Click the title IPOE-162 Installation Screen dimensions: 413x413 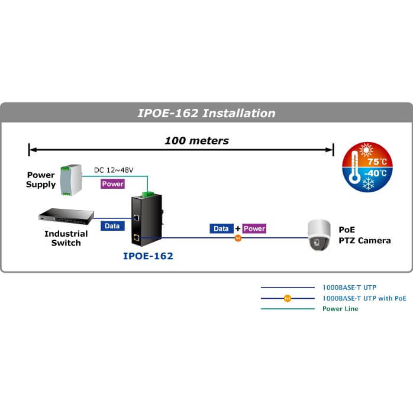coord(206,113)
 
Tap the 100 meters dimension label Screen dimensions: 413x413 coord(196,141)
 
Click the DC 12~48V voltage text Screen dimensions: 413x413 coord(114,170)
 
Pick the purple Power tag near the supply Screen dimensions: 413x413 coord(112,184)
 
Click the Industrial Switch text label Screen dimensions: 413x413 coord(66,238)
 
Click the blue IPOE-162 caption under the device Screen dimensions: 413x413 coord(148,257)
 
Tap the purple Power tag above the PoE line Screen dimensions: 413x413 coord(254,228)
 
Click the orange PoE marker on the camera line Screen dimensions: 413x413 coord(238,238)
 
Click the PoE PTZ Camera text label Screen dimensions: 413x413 coord(364,235)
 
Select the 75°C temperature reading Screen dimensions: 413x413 coord(377,162)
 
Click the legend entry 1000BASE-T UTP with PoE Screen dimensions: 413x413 coord(364,298)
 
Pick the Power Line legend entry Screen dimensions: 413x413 coord(340,309)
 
